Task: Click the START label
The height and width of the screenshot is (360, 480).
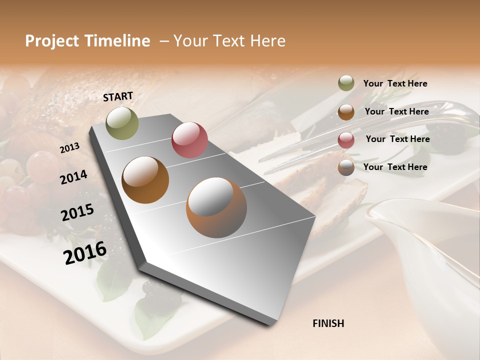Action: pyautogui.click(x=118, y=96)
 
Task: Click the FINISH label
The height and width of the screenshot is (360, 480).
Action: pyautogui.click(x=328, y=323)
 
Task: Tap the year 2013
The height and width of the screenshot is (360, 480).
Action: pyautogui.click(x=69, y=148)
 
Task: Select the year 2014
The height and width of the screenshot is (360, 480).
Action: pyautogui.click(x=73, y=177)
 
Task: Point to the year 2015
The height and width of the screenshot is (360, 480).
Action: pyautogui.click(x=77, y=212)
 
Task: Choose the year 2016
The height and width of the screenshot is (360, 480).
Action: pyautogui.click(x=85, y=252)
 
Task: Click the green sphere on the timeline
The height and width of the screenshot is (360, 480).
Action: pyautogui.click(x=122, y=123)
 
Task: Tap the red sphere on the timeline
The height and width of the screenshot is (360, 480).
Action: pyautogui.click(x=189, y=140)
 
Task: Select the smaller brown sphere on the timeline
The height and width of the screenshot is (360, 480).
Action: pyautogui.click(x=145, y=180)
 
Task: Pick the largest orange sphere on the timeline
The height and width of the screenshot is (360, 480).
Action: pyautogui.click(x=216, y=207)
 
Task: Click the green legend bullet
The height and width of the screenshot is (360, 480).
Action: pyautogui.click(x=346, y=83)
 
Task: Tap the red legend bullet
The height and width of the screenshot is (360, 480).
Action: pyautogui.click(x=346, y=139)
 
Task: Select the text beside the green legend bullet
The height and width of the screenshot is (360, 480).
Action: pyautogui.click(x=395, y=83)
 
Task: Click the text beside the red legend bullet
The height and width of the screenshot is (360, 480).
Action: pyautogui.click(x=397, y=139)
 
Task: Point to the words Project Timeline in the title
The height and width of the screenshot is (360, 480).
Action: pyautogui.click(x=87, y=41)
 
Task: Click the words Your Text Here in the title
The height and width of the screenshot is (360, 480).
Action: pyautogui.click(x=229, y=41)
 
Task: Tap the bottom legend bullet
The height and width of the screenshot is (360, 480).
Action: pyautogui.click(x=346, y=167)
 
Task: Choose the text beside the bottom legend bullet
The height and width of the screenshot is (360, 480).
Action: pyautogui.click(x=395, y=167)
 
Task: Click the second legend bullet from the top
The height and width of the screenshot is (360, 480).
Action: pyautogui.click(x=346, y=112)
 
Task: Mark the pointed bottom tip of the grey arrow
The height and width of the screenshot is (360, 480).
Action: pyautogui.click(x=272, y=325)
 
